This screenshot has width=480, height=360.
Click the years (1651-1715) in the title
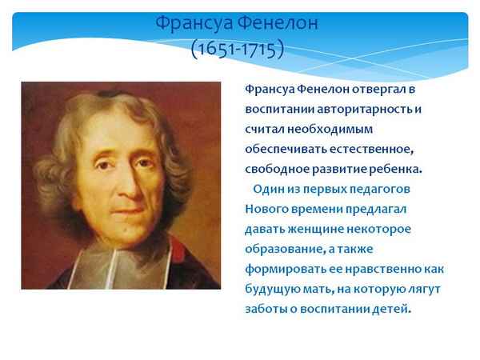pos(238,48)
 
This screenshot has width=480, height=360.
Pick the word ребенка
pos(394,169)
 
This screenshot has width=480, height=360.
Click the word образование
pos(282,249)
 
